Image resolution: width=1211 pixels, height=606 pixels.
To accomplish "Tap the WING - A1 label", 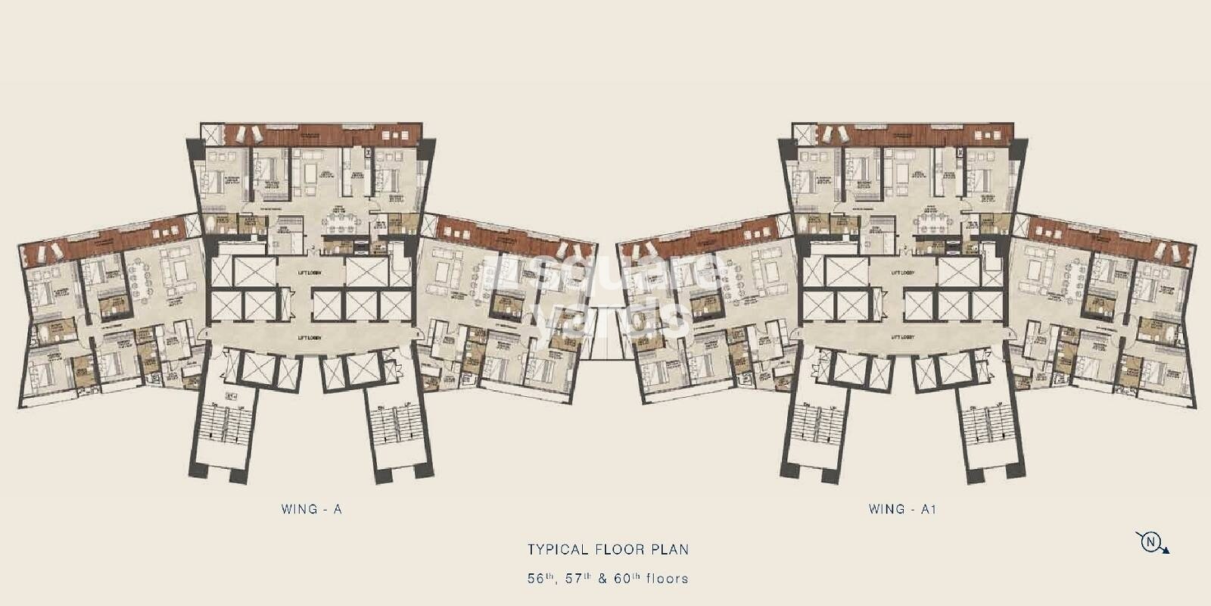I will point(902,510).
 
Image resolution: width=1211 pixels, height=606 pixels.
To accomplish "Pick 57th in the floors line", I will point(574,579).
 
